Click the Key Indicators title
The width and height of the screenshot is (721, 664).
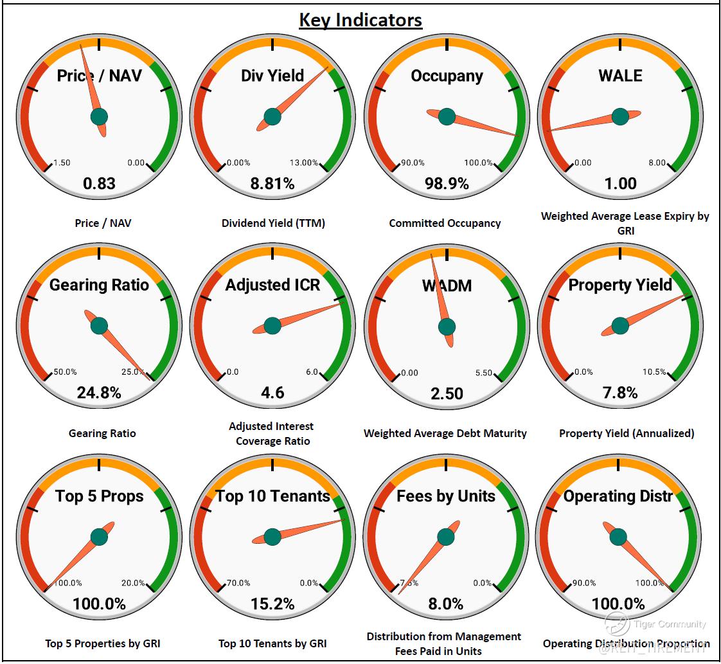(360, 20)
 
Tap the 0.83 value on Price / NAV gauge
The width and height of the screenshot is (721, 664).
(99, 184)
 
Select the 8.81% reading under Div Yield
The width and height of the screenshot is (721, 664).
(272, 184)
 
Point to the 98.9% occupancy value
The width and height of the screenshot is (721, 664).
(447, 184)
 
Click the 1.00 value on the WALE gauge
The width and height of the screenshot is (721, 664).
(620, 184)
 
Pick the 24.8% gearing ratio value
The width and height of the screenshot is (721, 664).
(99, 393)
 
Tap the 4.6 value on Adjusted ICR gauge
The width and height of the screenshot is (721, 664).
(272, 393)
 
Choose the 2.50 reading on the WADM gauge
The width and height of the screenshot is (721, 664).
(447, 393)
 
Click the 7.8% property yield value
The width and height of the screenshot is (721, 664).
(620, 393)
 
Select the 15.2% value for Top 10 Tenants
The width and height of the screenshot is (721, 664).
(272, 604)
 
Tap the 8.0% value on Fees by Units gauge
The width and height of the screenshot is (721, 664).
(446, 604)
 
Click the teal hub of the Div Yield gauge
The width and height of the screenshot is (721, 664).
(272, 116)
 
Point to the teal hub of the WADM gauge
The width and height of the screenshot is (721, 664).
(447, 327)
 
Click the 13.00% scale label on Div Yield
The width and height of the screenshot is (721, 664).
(304, 163)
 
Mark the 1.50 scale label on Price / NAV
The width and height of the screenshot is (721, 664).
(61, 163)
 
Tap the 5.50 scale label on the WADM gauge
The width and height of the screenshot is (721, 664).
(483, 373)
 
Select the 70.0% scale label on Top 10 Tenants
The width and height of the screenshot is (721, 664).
(238, 583)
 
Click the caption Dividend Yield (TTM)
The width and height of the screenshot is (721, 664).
(273, 223)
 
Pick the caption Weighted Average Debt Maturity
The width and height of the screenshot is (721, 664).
(445, 433)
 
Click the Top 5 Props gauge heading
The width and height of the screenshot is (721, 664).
(99, 496)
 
